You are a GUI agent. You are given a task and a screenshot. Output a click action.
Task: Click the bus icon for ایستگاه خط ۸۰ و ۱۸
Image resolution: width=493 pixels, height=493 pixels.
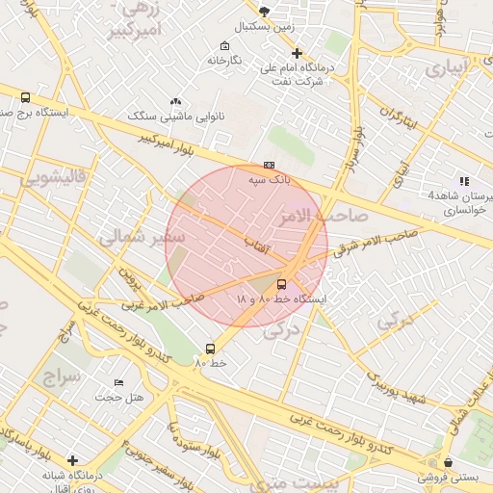tap(281, 284)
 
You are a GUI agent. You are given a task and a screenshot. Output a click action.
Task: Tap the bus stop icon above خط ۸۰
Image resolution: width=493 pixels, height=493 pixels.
tap(210, 349)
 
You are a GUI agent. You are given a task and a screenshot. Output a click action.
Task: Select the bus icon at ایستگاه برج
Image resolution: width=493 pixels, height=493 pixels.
tap(25, 97)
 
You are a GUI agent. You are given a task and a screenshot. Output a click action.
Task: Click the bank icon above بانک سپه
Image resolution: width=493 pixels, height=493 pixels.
tap(269, 165)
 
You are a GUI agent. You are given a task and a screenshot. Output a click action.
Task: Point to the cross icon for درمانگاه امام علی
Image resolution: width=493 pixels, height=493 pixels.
tap(297, 53)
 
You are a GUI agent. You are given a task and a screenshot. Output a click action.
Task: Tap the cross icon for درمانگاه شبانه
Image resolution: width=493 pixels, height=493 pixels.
tap(72, 460)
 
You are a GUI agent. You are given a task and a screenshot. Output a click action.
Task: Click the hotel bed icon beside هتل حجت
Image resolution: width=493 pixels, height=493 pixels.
tap(119, 383)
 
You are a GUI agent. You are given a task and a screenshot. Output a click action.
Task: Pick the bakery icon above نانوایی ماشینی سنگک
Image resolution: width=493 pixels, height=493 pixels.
tap(175, 101)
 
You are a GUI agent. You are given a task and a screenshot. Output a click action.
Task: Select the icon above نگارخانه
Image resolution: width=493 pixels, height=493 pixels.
tap(224, 45)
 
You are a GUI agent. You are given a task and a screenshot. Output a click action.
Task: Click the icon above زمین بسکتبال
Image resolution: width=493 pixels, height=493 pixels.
tap(264, 12)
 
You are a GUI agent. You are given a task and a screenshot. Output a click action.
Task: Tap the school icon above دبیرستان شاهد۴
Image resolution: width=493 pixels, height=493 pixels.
tap(464, 180)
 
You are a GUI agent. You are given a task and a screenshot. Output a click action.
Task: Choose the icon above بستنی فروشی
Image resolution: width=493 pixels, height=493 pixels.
tap(447, 462)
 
